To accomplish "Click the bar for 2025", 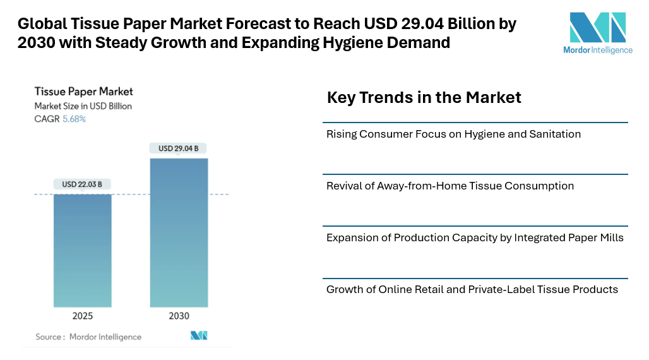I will coord(82,250).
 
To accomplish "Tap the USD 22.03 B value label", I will coord(82,184).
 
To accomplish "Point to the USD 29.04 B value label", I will coord(179,148).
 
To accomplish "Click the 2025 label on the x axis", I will coord(82,316).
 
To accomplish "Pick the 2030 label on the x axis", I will coord(179,316).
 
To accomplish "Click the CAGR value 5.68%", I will coord(74,119).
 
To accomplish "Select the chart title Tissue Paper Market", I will coord(83,92).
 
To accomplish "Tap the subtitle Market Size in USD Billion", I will coord(83,106).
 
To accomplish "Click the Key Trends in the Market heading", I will coord(424,97).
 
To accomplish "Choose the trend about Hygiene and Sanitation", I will coord(453,134).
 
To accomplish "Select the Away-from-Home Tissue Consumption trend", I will coord(450,186).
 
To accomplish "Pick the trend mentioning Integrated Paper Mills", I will coord(475,237).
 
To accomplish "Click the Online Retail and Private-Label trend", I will coord(472,289).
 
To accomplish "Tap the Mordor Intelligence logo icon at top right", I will coord(597,27).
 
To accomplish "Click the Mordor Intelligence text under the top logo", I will coord(597,50).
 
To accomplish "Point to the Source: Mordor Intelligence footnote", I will coord(88,337).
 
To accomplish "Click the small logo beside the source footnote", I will coord(199,335).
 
